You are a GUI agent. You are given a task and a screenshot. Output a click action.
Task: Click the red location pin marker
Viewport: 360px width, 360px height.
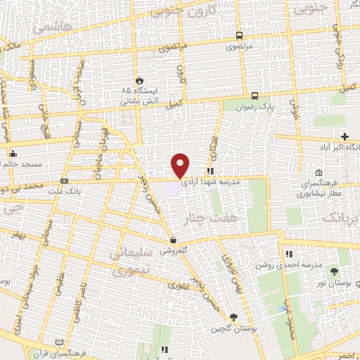[x=181, y=165]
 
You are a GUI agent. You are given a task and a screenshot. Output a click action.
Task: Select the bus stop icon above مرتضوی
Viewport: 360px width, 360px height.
[x=240, y=36]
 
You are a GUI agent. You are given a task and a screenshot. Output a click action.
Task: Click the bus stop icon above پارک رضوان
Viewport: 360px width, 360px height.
[x=254, y=96]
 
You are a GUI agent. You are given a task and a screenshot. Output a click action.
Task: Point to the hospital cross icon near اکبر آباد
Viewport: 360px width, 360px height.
[x=345, y=136]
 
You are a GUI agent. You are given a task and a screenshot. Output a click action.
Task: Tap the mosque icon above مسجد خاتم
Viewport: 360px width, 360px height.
[x=12, y=154]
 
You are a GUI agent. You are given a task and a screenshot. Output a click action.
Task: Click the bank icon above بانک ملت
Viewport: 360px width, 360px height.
[x=65, y=181]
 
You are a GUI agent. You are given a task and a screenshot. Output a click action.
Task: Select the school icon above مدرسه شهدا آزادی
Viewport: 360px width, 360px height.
[x=210, y=171]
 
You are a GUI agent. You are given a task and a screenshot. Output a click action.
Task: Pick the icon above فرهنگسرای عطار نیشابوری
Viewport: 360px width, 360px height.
[x=319, y=173]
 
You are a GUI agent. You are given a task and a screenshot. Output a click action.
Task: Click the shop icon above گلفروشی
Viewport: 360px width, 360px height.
[x=173, y=240]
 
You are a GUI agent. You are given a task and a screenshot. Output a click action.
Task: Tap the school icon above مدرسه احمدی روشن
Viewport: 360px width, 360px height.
[x=288, y=254]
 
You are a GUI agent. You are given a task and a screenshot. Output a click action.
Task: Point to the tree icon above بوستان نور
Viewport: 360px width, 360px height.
[x=334, y=271]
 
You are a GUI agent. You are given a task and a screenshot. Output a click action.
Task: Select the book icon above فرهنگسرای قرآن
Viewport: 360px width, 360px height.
[x=59, y=342]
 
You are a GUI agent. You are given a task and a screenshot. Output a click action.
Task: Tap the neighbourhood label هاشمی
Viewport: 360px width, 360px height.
[x=47, y=27]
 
